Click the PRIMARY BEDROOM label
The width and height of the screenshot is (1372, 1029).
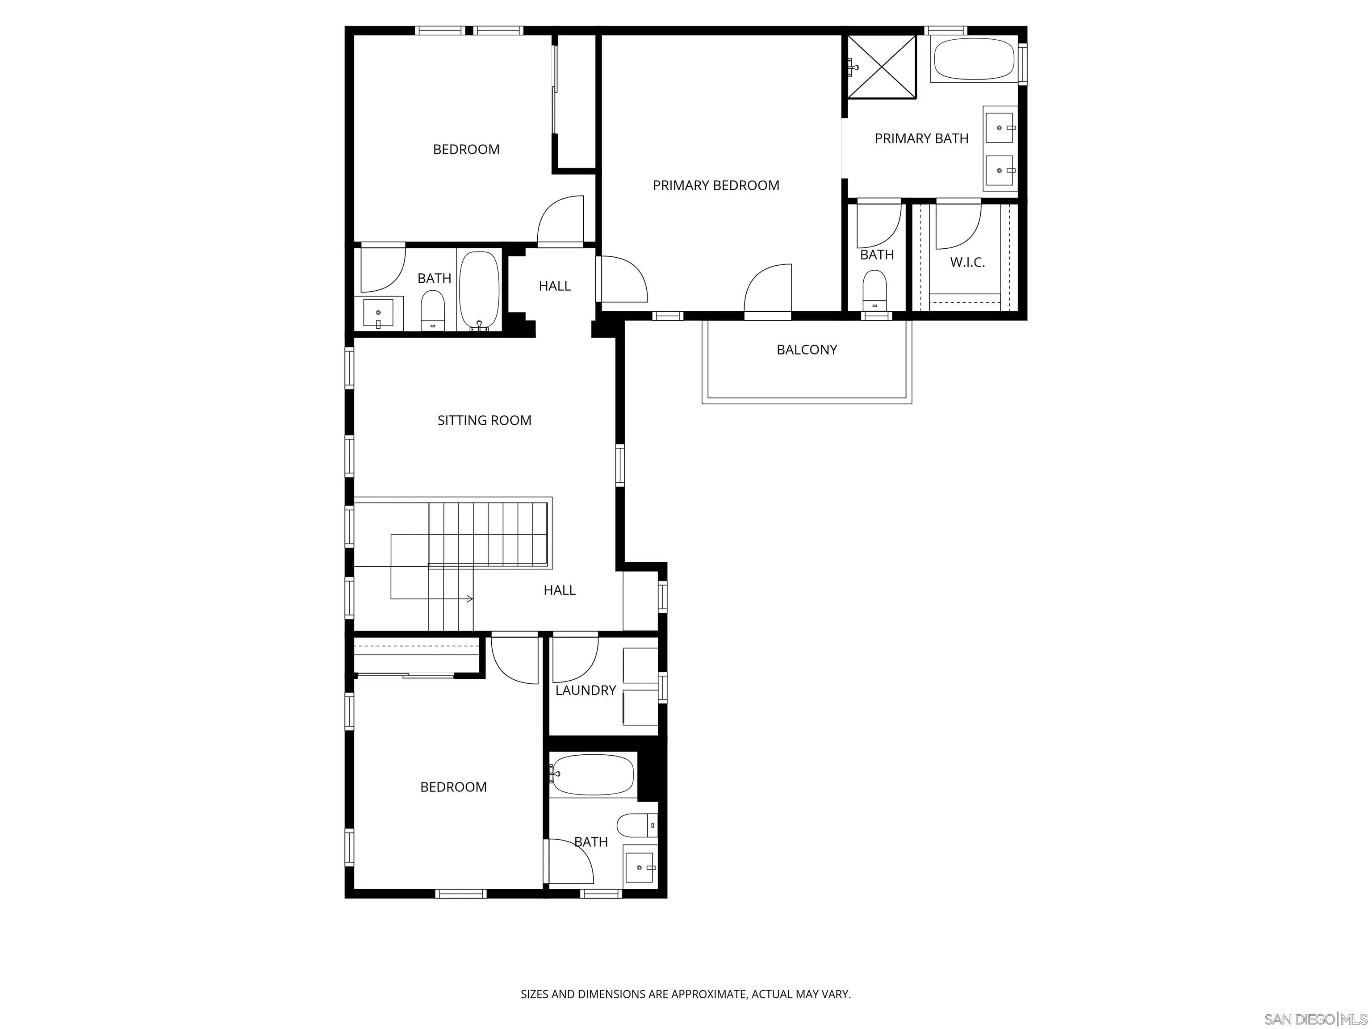[716, 185]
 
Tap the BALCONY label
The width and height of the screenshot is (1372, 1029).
[806, 350]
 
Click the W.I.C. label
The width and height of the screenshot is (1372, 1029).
[967, 262]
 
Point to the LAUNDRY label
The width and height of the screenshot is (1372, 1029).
[585, 690]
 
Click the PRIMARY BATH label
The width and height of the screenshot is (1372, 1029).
[921, 138]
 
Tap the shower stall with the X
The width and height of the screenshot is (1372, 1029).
[881, 67]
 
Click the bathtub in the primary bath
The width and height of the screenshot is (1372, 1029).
[973, 59]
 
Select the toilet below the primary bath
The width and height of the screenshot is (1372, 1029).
[874, 289]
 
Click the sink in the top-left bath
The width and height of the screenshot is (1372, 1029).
[378, 314]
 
